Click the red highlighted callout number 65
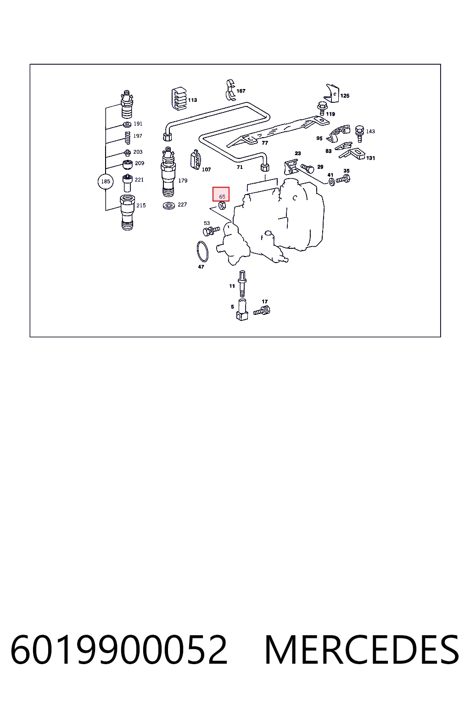(x=222, y=196)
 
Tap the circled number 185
(x=106, y=182)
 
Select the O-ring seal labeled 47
(x=202, y=251)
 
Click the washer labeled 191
(x=127, y=124)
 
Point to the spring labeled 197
(x=128, y=137)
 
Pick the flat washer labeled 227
(x=169, y=206)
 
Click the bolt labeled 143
(x=359, y=134)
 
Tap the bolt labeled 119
(x=322, y=109)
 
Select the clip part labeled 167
(x=231, y=90)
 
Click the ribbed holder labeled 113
(x=179, y=99)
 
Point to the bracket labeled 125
(x=332, y=93)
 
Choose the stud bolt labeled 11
(x=242, y=284)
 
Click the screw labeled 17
(x=262, y=311)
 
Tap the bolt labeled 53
(x=211, y=231)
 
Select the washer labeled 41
(x=331, y=182)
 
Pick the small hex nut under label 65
(x=222, y=206)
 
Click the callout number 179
(x=183, y=181)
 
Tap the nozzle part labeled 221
(x=128, y=183)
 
